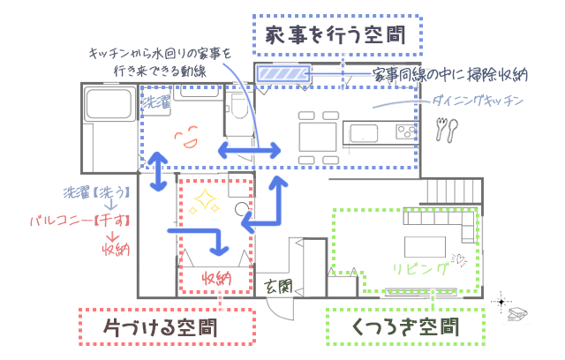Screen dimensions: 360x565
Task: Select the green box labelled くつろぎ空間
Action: (406, 328)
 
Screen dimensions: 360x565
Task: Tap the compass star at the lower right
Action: (501, 303)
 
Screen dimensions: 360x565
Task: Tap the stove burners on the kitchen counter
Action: (403, 131)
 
